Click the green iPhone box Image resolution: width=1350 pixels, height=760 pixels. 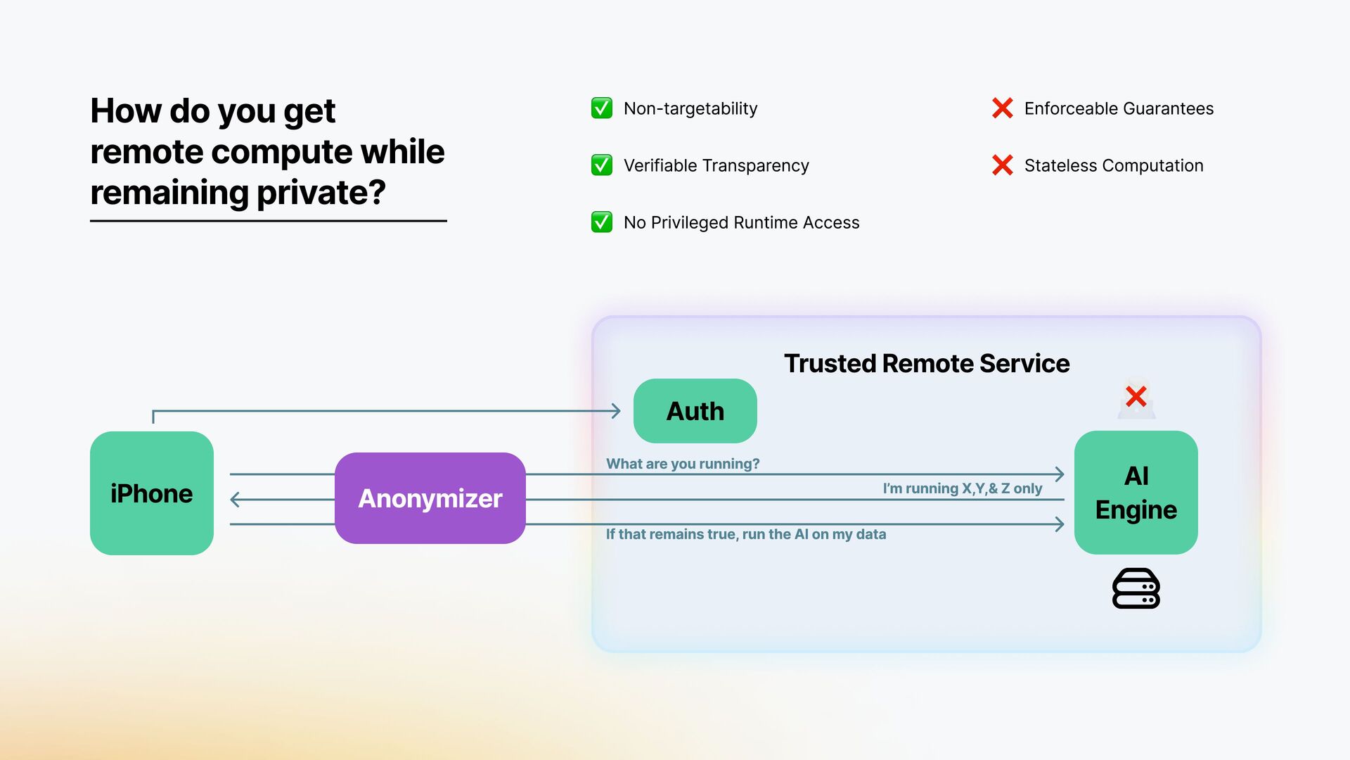pyautogui.click(x=151, y=493)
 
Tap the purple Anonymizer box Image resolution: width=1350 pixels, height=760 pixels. pyautogui.click(x=430, y=498)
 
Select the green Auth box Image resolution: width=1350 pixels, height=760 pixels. pyautogui.click(x=695, y=411)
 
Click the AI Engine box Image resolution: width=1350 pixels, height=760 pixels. pyautogui.click(x=1136, y=493)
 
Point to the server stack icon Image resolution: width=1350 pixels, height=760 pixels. pyautogui.click(x=1136, y=588)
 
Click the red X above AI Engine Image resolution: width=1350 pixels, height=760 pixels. pyautogui.click(x=1136, y=397)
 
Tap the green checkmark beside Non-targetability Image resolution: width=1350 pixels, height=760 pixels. pyautogui.click(x=602, y=108)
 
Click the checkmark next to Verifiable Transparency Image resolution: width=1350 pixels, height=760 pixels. pyautogui.click(x=602, y=165)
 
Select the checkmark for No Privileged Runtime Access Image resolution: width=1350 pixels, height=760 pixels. pyautogui.click(x=602, y=222)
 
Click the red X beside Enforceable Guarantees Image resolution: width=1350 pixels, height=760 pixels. pyautogui.click(x=1002, y=108)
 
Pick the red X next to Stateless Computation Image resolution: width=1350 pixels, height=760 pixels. pyautogui.click(x=1002, y=165)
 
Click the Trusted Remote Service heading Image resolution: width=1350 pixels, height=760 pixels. pyautogui.click(x=927, y=363)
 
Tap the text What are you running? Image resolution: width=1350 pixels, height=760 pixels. pyautogui.click(x=683, y=464)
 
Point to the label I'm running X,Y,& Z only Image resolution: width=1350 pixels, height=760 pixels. pyautogui.click(x=962, y=488)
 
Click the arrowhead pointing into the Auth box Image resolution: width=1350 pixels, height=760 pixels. pyautogui.click(x=617, y=411)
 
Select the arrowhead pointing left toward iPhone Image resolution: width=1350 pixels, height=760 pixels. pyautogui.click(x=236, y=500)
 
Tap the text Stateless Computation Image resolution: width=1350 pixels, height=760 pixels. pyautogui.click(x=1114, y=165)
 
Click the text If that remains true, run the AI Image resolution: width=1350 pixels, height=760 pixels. pyautogui.click(x=745, y=534)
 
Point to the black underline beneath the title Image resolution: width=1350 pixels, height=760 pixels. pyautogui.click(x=268, y=221)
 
